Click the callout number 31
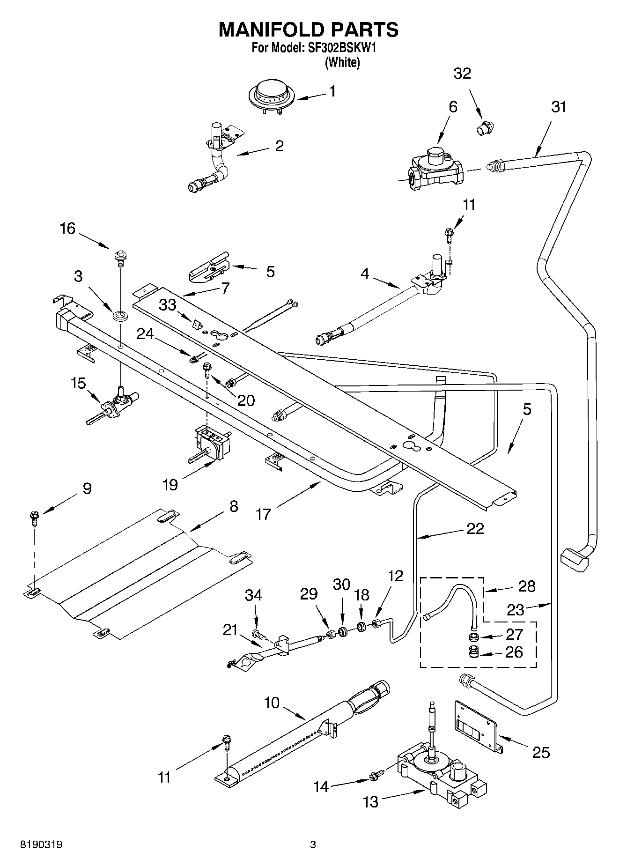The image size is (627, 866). (x=559, y=107)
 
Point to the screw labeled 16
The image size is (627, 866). (x=120, y=258)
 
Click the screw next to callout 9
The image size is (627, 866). (x=35, y=518)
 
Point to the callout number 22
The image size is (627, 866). (x=475, y=528)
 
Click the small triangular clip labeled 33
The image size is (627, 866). (x=196, y=323)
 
